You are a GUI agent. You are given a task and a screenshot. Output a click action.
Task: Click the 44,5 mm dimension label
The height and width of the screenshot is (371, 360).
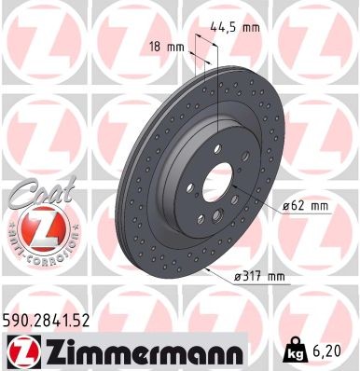point(239,27)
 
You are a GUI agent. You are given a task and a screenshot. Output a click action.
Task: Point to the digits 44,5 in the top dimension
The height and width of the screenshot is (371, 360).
point(228,27)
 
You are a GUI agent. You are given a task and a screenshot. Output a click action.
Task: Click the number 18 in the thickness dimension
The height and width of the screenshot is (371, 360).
point(155,45)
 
